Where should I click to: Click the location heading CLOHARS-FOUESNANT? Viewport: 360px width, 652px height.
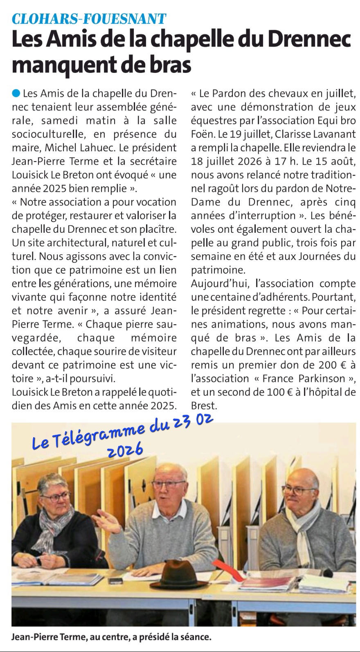pyautogui.click(x=89, y=19)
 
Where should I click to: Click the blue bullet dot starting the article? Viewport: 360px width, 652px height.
pyautogui.click(x=16, y=93)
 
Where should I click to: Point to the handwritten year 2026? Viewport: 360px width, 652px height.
pyautogui.click(x=125, y=450)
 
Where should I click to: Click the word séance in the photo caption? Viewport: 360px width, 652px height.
pyautogui.click(x=196, y=637)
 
